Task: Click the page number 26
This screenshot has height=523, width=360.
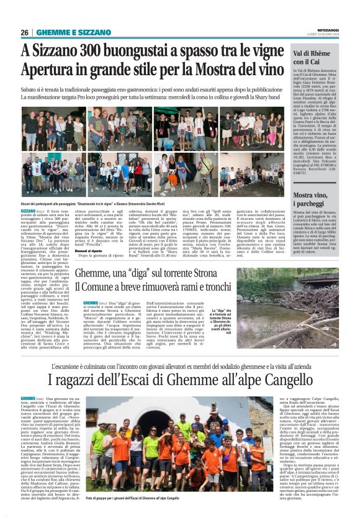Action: tap(24, 32)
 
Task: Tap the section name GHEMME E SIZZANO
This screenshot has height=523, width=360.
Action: tap(65, 32)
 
